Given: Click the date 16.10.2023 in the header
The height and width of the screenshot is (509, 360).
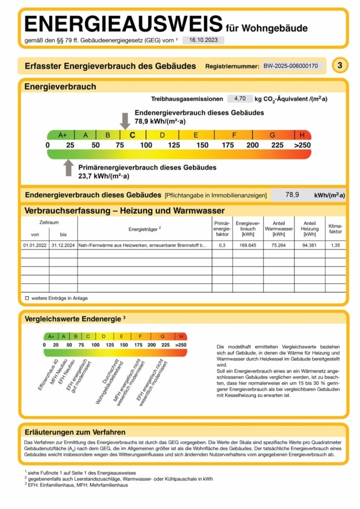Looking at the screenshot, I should pyautogui.click(x=203, y=40).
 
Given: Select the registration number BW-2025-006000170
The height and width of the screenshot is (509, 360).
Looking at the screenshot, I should pyautogui.click(x=291, y=66).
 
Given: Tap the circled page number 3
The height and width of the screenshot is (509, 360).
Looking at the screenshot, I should pyautogui.click(x=340, y=66).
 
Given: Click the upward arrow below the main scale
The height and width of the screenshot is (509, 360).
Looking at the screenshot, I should pyautogui.click(x=68, y=167).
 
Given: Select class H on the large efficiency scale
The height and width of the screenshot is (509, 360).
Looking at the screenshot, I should pyautogui.click(x=302, y=135).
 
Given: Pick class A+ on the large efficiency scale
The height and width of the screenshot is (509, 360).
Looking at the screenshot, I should pyautogui.click(x=62, y=135).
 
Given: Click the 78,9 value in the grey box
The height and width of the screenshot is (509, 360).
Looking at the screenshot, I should pyautogui.click(x=292, y=195).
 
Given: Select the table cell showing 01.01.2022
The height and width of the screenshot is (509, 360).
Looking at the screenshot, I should pyautogui.click(x=35, y=245).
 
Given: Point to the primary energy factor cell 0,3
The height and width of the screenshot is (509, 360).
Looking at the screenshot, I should pyautogui.click(x=222, y=245).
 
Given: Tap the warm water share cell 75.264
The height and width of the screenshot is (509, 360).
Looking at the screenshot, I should pyautogui.click(x=278, y=245).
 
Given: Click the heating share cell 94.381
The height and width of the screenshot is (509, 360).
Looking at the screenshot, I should pyautogui.click(x=310, y=245).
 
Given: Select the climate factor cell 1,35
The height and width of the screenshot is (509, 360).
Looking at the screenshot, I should pyautogui.click(x=335, y=245).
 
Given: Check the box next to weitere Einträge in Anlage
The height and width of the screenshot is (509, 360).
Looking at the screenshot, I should pyautogui.click(x=27, y=298).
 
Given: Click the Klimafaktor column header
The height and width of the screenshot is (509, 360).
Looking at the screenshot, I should pyautogui.click(x=335, y=227).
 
